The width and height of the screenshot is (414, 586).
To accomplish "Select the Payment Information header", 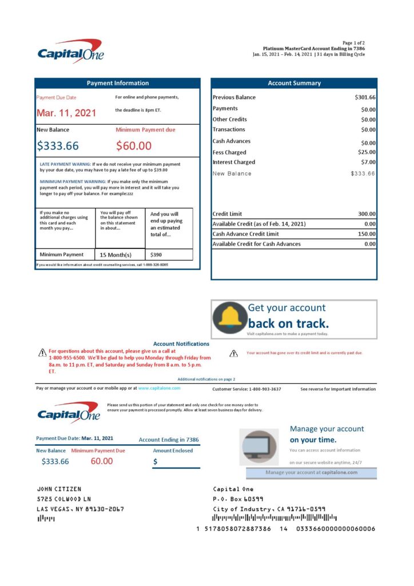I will tap(117, 83).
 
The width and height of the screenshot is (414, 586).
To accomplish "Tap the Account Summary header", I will tap(294, 83).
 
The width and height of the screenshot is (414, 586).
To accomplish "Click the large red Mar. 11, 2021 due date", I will tap(66, 113).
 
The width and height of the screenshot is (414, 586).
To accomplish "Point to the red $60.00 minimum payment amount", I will tap(134, 146).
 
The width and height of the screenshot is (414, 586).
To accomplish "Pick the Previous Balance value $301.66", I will tap(365, 97).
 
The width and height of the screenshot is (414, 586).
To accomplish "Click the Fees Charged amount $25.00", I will tap(367, 152).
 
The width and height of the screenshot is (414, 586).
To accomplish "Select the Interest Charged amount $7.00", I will tap(368, 163).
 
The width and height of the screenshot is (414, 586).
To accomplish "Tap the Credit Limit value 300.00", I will tap(365, 214).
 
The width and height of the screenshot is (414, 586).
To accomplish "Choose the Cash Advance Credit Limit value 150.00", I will tap(365, 234).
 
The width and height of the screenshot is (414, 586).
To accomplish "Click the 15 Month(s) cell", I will tap(116, 255).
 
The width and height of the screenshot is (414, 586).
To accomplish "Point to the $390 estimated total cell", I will tap(156, 255).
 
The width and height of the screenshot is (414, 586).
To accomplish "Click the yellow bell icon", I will tap(230, 318).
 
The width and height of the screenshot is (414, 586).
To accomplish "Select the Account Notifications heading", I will tap(181, 344).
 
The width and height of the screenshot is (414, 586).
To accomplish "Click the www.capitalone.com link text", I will tap(159, 388).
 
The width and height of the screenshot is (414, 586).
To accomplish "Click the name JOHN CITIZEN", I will tap(59, 489).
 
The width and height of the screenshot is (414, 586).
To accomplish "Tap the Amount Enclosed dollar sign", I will tap(156, 461).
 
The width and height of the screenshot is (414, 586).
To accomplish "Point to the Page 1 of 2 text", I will tap(353, 43).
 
